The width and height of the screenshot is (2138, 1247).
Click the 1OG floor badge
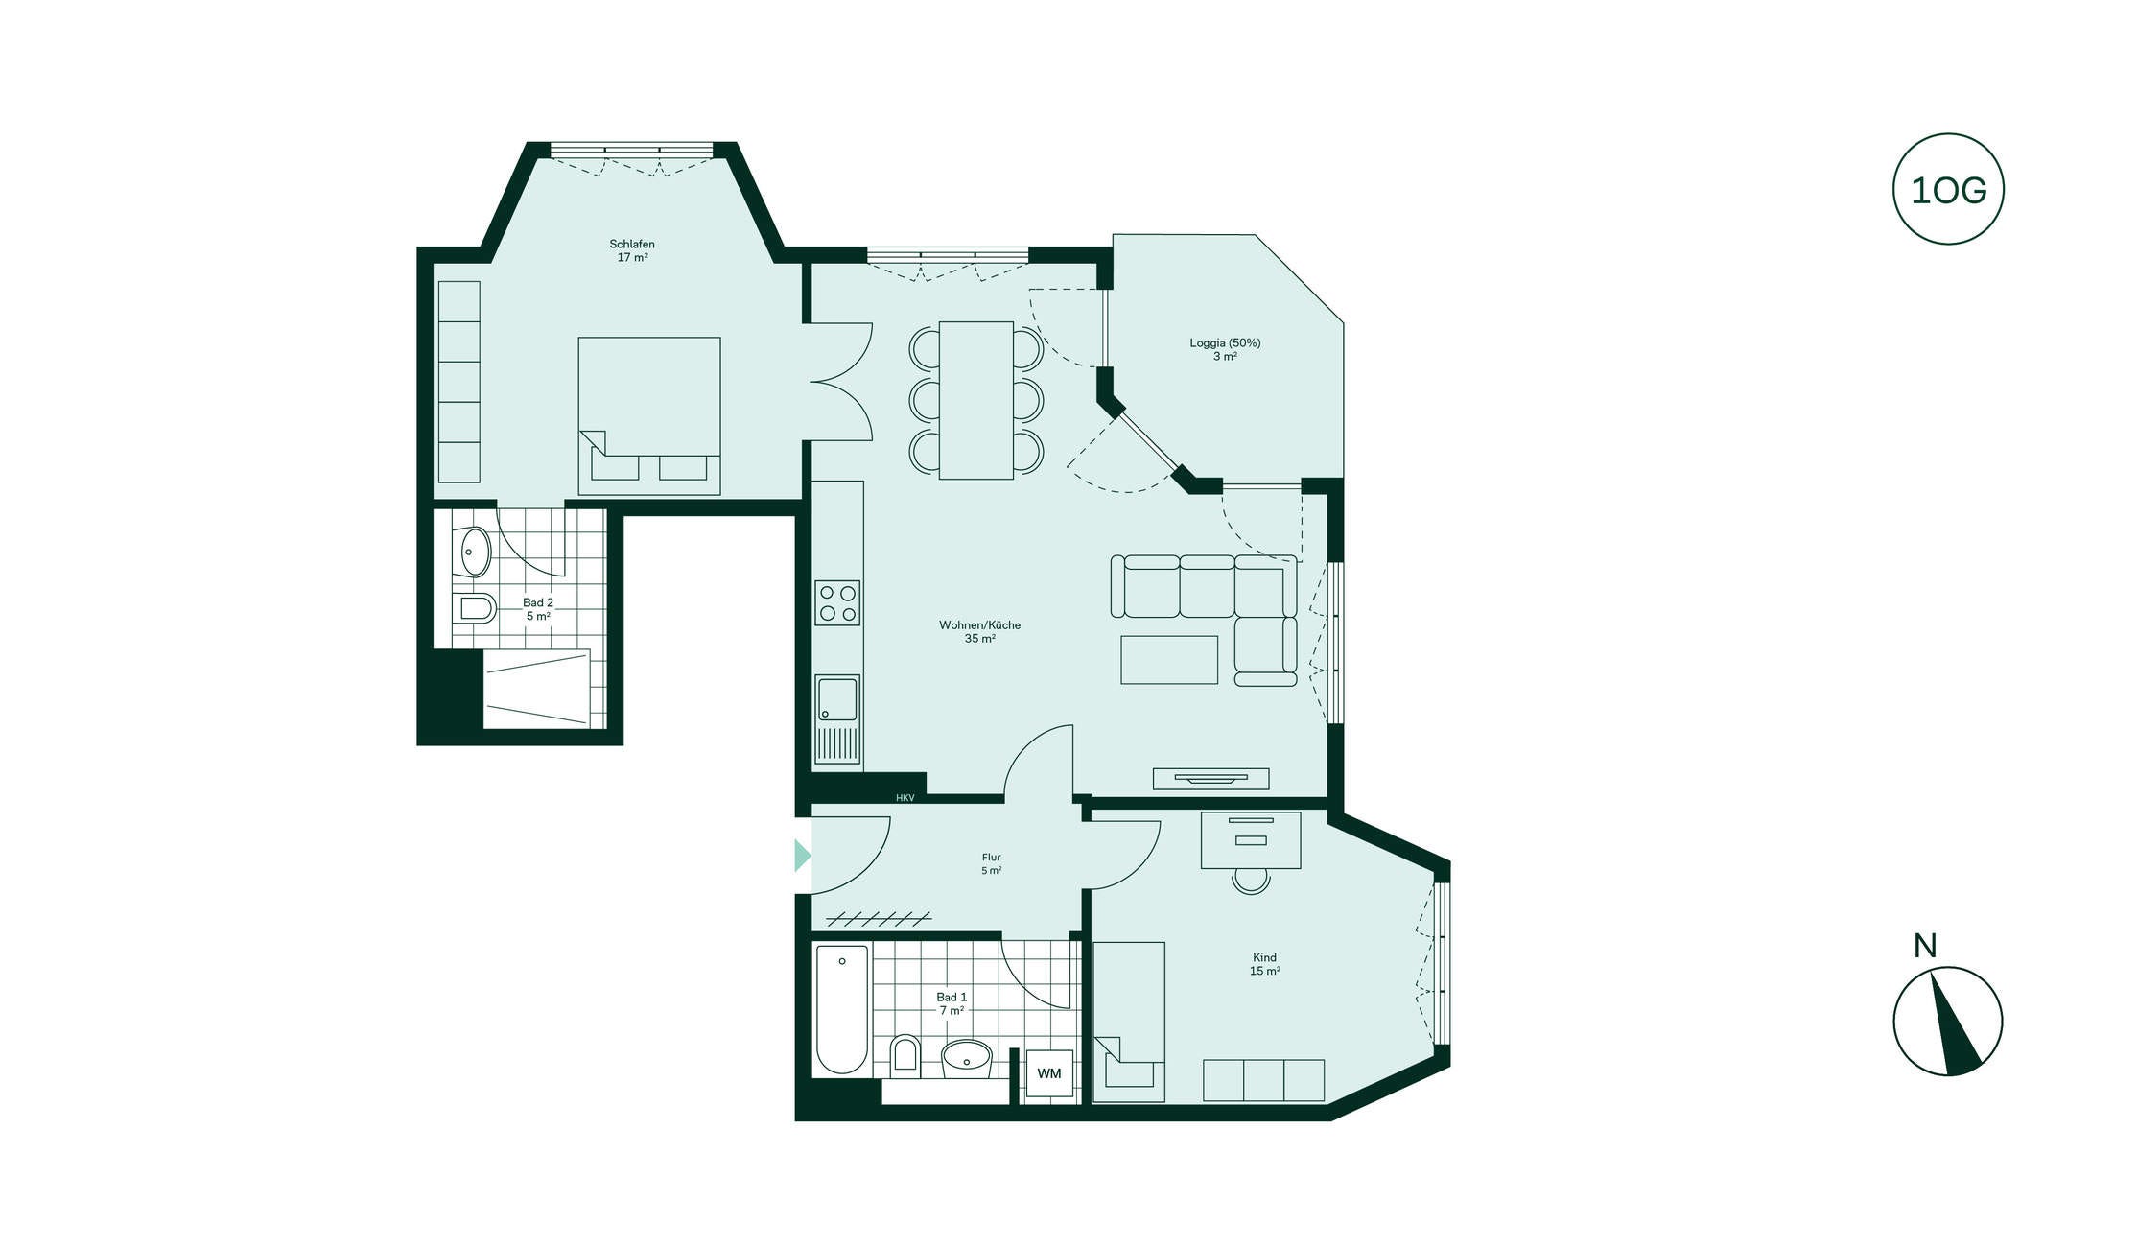pyautogui.click(x=1947, y=189)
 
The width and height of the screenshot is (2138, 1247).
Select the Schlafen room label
pyautogui.click(x=632, y=244)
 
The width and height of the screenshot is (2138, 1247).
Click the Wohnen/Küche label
pyautogui.click(x=979, y=625)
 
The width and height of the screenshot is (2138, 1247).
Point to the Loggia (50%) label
pyautogui.click(x=1225, y=342)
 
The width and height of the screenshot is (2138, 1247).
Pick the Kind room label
pyautogui.click(x=1264, y=957)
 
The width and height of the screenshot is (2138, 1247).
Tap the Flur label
pyautogui.click(x=991, y=858)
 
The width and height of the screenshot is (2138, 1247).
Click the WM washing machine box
pyautogui.click(x=1049, y=1073)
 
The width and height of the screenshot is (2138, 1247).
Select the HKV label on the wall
pyautogui.click(x=905, y=798)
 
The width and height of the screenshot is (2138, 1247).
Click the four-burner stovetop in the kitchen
pyautogui.click(x=837, y=603)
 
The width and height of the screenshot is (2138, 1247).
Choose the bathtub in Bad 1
pyautogui.click(x=842, y=1009)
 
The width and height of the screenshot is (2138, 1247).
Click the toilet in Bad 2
pyautogui.click(x=474, y=608)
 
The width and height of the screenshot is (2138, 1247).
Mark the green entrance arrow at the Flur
pyautogui.click(x=803, y=856)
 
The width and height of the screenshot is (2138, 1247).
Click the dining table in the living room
pyautogui.click(x=975, y=400)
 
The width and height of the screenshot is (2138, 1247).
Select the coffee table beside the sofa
pyautogui.click(x=1169, y=660)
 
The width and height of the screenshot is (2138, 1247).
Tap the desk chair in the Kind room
pyautogui.click(x=1251, y=881)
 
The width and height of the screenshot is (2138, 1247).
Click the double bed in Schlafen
pyautogui.click(x=649, y=415)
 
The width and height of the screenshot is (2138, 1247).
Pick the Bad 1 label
pyautogui.click(x=952, y=998)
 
